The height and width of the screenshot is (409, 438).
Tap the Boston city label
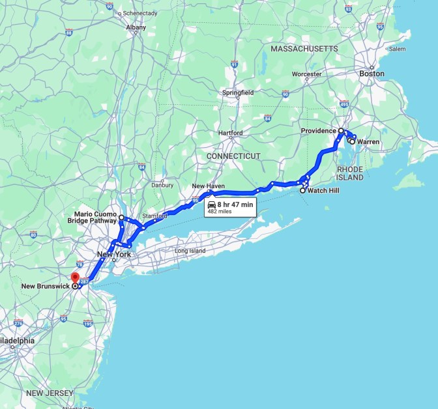(x=372, y=74)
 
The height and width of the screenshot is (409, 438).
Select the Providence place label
(x=318, y=131)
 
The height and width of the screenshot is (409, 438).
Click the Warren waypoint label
(x=368, y=142)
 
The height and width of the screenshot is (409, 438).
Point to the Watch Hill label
(x=323, y=191)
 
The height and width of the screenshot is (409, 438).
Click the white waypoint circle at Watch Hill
(x=303, y=191)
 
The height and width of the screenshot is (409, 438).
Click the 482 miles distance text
(x=220, y=212)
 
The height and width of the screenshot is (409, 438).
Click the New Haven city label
(x=208, y=186)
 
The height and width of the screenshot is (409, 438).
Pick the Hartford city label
(x=231, y=133)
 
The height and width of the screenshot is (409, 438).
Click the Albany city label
(x=136, y=27)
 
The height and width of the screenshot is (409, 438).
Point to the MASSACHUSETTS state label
(x=304, y=49)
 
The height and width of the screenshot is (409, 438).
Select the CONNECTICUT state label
(x=233, y=156)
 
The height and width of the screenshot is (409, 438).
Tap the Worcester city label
(x=306, y=74)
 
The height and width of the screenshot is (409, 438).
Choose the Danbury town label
(x=162, y=184)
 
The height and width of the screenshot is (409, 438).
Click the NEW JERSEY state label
(x=50, y=393)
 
